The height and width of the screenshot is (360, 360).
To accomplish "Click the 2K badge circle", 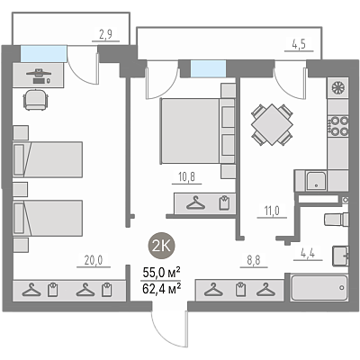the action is (162, 246).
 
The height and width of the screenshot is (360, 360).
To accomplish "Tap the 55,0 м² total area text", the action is (161, 273).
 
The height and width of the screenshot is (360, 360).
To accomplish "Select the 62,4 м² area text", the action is (161, 289).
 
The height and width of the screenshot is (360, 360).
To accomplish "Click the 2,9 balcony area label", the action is (105, 34).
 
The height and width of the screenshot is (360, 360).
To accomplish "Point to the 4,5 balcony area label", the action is (299, 44).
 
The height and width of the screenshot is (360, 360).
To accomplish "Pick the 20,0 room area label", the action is (94, 260).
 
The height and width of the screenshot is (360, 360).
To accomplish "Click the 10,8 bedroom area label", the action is (186, 177).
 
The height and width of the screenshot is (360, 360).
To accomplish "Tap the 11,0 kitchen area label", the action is (272, 211).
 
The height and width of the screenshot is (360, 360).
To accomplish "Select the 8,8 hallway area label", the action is (254, 260).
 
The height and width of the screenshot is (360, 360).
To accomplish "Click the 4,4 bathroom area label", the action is (308, 253).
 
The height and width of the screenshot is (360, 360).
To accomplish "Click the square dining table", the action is (272, 124).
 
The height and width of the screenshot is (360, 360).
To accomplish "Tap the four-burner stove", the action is (338, 126).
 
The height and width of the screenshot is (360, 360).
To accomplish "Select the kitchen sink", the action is (316, 181).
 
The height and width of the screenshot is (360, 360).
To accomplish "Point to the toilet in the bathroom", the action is (337, 219).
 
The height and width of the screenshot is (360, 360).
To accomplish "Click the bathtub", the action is (319, 288).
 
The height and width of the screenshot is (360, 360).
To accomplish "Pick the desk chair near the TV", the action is (36, 99).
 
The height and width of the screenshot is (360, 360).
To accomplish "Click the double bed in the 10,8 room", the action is (198, 131).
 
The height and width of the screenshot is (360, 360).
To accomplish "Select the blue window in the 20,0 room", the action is (43, 54).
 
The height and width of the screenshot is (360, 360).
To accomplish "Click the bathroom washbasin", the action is (340, 256).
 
